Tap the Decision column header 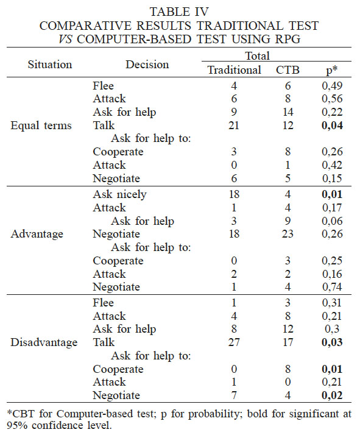[x=146, y=64]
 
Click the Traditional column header [x=235, y=70]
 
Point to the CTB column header [x=288, y=70]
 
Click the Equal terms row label [x=41, y=126]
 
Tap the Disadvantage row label [x=44, y=342]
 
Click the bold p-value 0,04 [x=331, y=126]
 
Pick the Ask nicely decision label [x=121, y=194]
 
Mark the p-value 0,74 [x=331, y=288]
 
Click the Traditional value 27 [x=235, y=342]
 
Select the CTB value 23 [x=288, y=234]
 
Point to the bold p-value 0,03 [x=331, y=342]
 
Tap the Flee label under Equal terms [x=104, y=86]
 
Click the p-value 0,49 [x=331, y=86]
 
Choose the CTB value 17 [x=288, y=342]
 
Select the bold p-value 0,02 [x=331, y=395]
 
